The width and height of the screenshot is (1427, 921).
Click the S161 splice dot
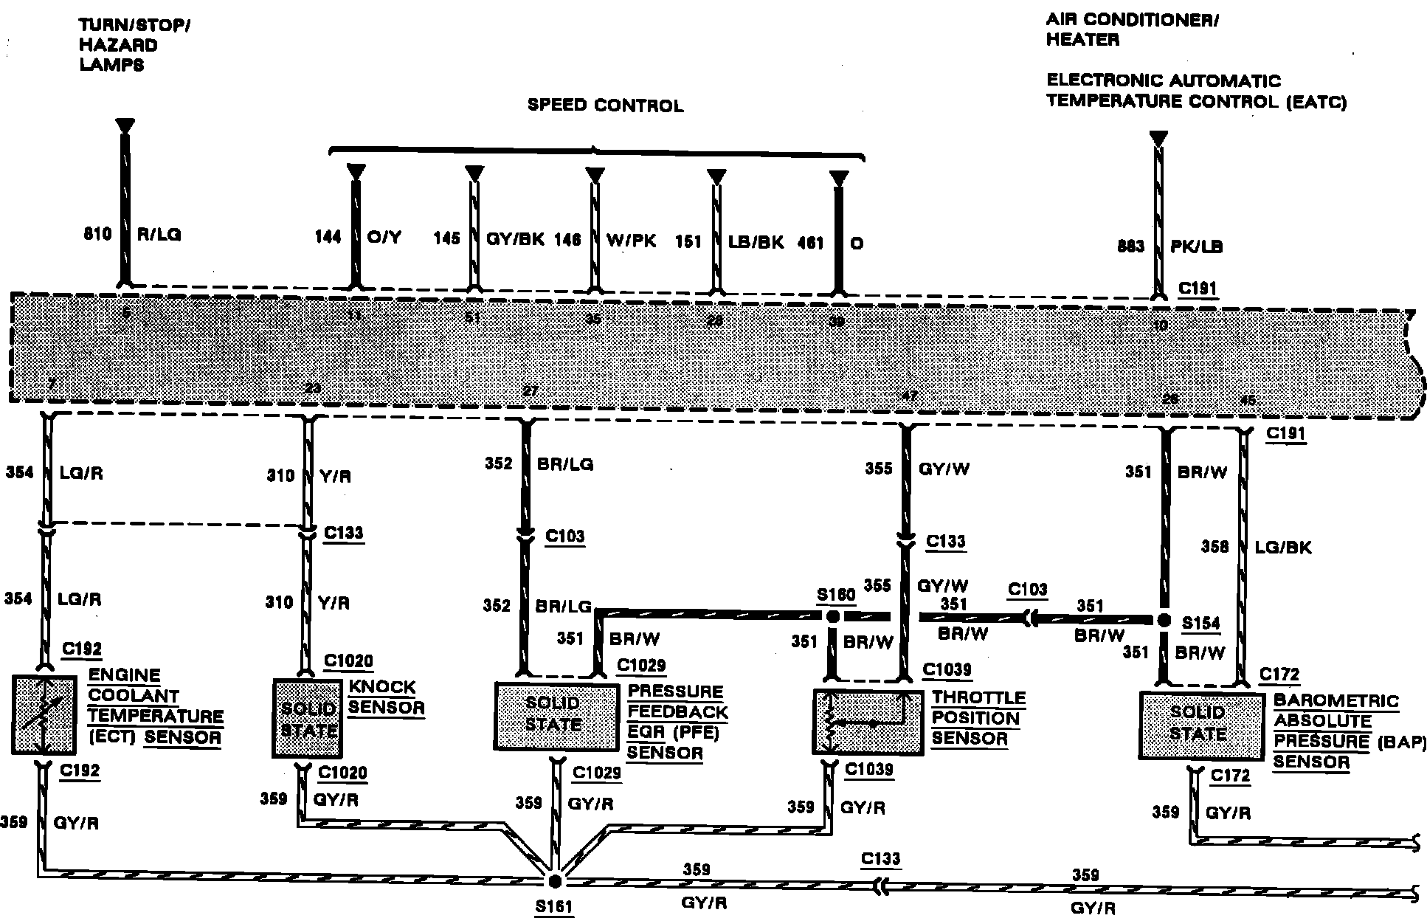pyautogui.click(x=555, y=880)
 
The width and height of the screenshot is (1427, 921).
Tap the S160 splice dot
pyautogui.click(x=832, y=616)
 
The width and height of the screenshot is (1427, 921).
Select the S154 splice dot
pyautogui.click(x=1164, y=621)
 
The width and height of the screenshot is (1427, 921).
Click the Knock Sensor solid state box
pyautogui.click(x=308, y=718)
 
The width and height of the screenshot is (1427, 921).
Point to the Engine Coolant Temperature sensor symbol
pyautogui.click(x=44, y=714)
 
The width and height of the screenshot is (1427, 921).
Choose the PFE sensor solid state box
pyautogui.click(x=556, y=715)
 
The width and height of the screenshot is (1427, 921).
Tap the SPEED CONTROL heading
pyautogui.click(x=605, y=106)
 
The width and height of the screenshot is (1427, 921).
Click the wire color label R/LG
pyautogui.click(x=159, y=235)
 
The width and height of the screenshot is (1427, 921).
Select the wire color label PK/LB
pyautogui.click(x=1196, y=246)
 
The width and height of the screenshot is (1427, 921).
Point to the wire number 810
pyautogui.click(x=97, y=235)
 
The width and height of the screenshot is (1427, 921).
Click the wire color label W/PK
pyautogui.click(x=631, y=241)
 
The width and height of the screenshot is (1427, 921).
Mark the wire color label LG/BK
pyautogui.click(x=1283, y=547)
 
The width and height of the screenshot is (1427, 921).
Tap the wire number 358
pyautogui.click(x=1214, y=547)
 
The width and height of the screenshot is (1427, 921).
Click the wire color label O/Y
pyautogui.click(x=384, y=238)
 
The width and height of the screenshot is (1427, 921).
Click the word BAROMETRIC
pyautogui.click(x=1336, y=701)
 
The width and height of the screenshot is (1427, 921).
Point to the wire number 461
pyautogui.click(x=810, y=243)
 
